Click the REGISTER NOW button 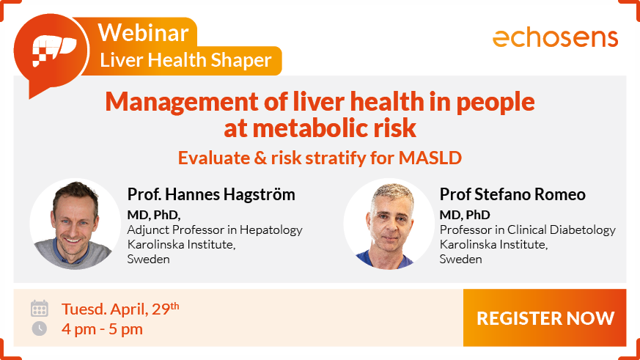[x=545, y=317]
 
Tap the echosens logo [x=556, y=38]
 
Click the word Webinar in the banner [x=143, y=32]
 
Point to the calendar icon [x=39, y=308]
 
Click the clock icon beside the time [x=39, y=328]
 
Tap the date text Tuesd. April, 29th [x=120, y=308]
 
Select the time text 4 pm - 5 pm [x=102, y=329]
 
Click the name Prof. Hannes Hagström [x=211, y=194]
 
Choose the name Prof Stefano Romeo [x=512, y=194]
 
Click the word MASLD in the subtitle [x=430, y=158]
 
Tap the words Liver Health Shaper [x=185, y=60]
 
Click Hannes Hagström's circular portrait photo [x=75, y=224]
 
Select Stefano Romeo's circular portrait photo [x=389, y=224]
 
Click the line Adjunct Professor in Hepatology [x=215, y=229]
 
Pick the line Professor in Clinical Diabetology [x=527, y=229]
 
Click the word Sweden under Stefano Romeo [x=460, y=259]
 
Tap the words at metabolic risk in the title [x=320, y=128]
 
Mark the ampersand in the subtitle [x=260, y=158]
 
